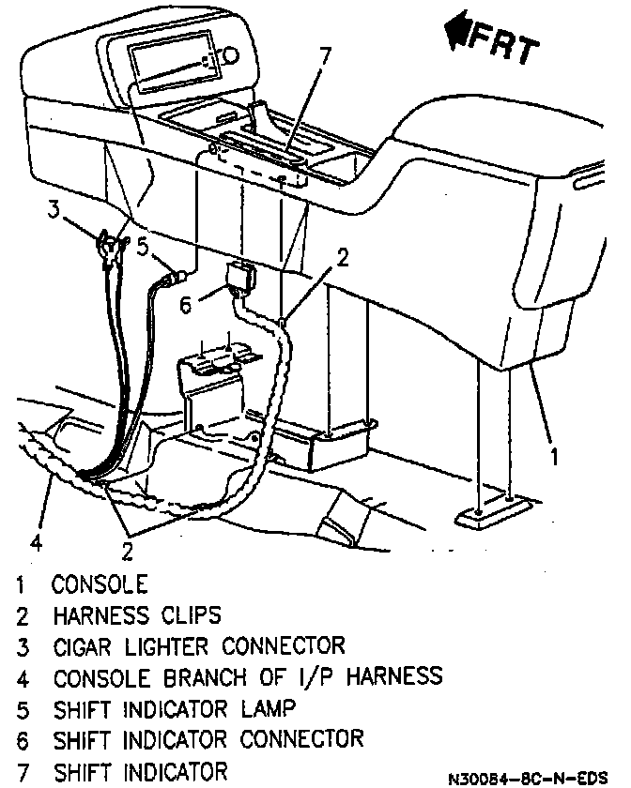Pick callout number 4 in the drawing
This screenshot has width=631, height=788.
pyautogui.click(x=34, y=541)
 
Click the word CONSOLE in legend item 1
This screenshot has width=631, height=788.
pyautogui.click(x=100, y=584)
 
